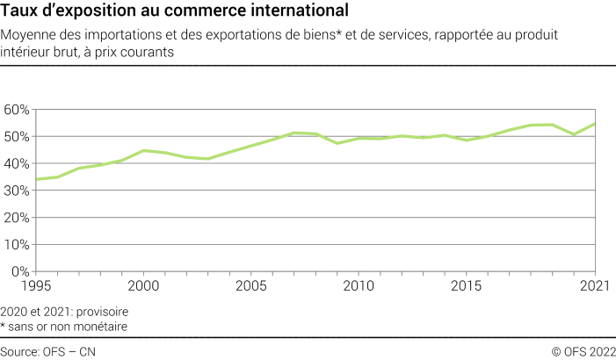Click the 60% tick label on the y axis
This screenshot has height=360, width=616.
pos(17,110)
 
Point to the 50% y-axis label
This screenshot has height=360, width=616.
pos(17,137)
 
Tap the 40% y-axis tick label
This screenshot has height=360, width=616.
pos(17,164)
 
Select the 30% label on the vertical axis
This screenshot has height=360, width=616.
pos(17,191)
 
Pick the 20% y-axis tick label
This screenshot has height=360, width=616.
pos(17,219)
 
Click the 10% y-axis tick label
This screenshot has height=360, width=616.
pos(17,246)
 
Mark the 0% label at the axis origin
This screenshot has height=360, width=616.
pos(20,272)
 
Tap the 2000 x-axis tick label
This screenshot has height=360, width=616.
pos(143,286)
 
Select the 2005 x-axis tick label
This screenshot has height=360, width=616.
pos(250,286)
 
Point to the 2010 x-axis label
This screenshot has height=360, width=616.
pos(359,286)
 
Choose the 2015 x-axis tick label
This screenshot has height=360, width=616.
pos(466,286)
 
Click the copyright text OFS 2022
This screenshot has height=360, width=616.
pos(586,351)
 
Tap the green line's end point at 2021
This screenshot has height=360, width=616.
pos(595,124)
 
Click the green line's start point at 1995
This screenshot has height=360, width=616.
pos(35,179)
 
